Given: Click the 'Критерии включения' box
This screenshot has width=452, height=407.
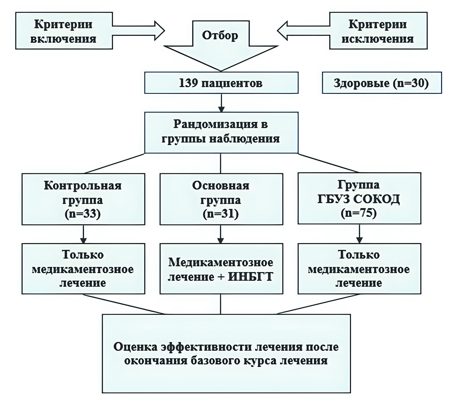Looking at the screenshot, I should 64,31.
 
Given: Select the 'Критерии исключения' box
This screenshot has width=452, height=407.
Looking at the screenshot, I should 378,31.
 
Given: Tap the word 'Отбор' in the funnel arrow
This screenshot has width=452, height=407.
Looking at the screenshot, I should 220,35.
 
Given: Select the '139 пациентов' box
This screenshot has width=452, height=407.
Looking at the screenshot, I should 221,83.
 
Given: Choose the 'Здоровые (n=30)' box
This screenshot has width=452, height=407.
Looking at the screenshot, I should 382,83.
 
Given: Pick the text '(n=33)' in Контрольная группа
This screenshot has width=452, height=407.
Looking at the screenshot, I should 83,214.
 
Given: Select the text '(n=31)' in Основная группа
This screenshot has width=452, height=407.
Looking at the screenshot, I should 221,214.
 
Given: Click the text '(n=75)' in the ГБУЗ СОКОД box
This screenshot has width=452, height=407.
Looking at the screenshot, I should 359,213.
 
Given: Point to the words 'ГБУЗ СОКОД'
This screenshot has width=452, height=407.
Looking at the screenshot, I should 359,199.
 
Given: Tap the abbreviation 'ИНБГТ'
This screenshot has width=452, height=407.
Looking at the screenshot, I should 250,277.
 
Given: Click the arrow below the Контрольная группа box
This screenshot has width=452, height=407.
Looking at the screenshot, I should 83,234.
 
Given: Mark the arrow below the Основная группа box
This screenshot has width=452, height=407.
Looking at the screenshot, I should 221,234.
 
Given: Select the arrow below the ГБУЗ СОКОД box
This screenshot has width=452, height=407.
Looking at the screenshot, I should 359,234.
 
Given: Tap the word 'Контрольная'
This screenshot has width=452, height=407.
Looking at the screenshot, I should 83,186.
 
